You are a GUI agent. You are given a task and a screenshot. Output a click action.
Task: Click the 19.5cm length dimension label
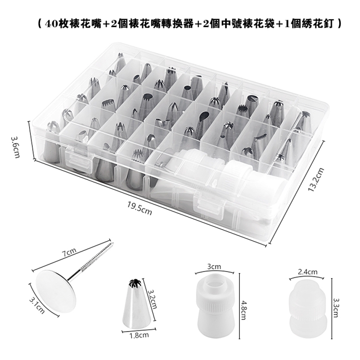tap(139, 208)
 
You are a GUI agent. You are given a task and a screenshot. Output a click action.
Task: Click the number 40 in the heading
tap(52, 23)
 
